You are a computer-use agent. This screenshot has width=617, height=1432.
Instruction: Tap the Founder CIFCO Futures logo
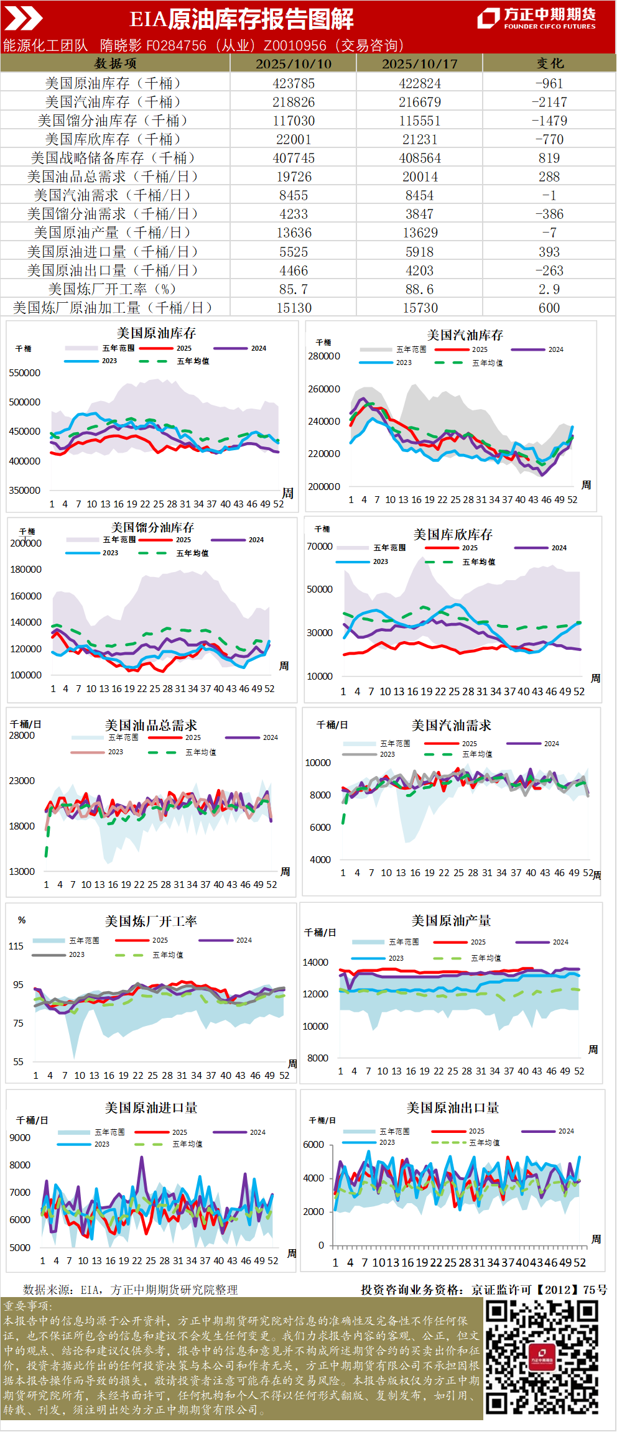[x=536, y=18]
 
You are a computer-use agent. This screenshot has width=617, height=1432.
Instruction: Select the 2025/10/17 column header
[x=419, y=63]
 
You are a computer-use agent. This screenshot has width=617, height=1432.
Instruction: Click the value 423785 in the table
[x=294, y=83]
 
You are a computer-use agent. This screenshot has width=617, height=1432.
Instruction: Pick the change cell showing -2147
[x=549, y=102]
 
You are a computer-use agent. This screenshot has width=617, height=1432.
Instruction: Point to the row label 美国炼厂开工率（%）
[x=113, y=289]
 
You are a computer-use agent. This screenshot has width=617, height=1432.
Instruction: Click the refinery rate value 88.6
[x=419, y=289]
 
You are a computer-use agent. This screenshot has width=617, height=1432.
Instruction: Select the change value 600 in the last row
[x=549, y=308]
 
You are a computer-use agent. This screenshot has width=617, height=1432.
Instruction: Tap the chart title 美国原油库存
[x=156, y=333]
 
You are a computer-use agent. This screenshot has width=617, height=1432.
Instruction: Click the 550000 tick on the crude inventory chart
[x=25, y=373]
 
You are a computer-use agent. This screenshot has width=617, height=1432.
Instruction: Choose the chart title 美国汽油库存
[x=465, y=335]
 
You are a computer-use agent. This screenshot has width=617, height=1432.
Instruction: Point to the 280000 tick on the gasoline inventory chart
[x=324, y=356]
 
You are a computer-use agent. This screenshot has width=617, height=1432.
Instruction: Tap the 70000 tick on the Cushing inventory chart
[x=320, y=547]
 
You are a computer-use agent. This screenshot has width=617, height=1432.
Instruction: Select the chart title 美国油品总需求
[x=151, y=725]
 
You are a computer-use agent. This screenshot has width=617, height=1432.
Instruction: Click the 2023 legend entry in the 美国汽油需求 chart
[x=387, y=754]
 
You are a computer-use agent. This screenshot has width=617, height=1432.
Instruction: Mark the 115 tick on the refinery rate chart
[x=16, y=946]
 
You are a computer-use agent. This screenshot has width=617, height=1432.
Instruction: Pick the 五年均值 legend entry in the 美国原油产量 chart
[x=485, y=958]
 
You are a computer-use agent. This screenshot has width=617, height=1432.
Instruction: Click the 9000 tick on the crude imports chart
[x=20, y=1137]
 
